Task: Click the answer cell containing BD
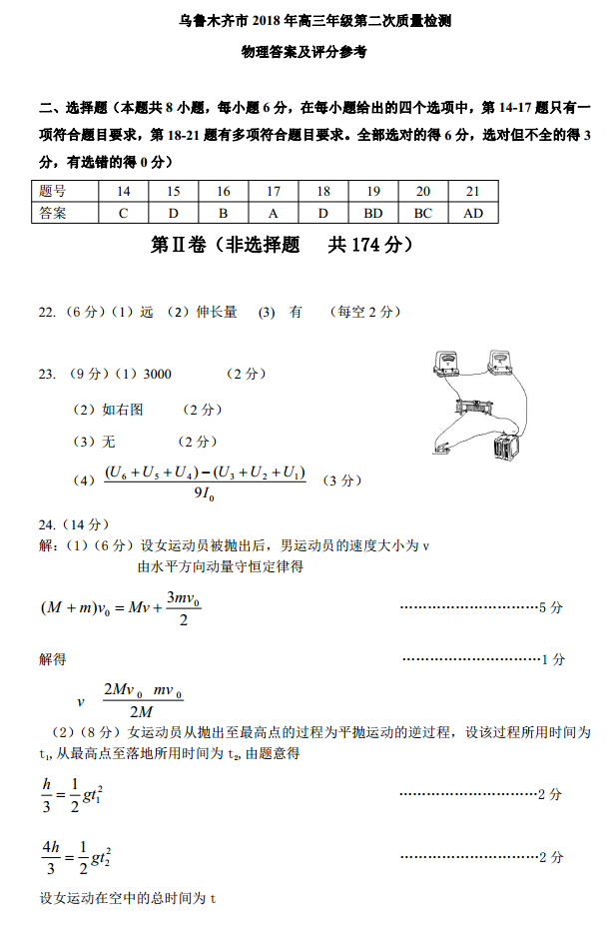373,213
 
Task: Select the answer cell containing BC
423,213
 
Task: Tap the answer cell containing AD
473,213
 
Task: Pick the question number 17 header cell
274,192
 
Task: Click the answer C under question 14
124,213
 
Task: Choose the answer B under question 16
224,213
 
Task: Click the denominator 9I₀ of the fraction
205,493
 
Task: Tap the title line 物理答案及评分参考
303,52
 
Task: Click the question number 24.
48,524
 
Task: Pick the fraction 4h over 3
51,856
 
